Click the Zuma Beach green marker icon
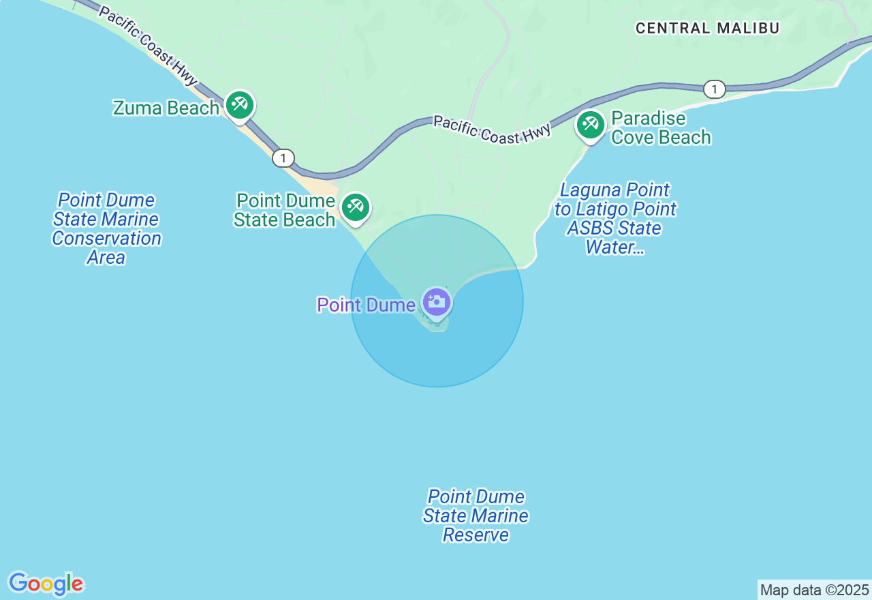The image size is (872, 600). click(x=240, y=105)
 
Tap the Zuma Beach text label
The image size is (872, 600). click(x=166, y=108)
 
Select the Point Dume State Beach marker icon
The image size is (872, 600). click(x=355, y=207)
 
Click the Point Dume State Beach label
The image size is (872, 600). click(x=285, y=210)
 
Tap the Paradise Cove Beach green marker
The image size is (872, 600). click(x=590, y=125)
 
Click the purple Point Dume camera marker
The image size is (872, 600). click(x=437, y=302)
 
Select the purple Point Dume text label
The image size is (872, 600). click(x=367, y=305)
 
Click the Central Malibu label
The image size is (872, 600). click(x=707, y=28)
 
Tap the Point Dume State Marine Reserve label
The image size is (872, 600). click(x=476, y=515)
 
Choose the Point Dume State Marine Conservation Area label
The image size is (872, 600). click(x=107, y=228)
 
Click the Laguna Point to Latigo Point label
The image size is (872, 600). click(x=615, y=218)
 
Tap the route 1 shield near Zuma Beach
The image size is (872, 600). click(x=283, y=158)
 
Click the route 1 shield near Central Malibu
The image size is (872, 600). click(x=714, y=89)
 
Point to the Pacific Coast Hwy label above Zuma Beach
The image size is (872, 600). click(x=147, y=45)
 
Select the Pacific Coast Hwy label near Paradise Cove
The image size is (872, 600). click(x=492, y=130)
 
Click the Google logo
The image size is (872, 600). click(x=46, y=584)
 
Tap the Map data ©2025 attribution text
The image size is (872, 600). click(x=814, y=590)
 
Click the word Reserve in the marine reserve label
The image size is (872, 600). click(x=476, y=535)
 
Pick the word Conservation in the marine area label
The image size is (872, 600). click(x=107, y=238)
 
